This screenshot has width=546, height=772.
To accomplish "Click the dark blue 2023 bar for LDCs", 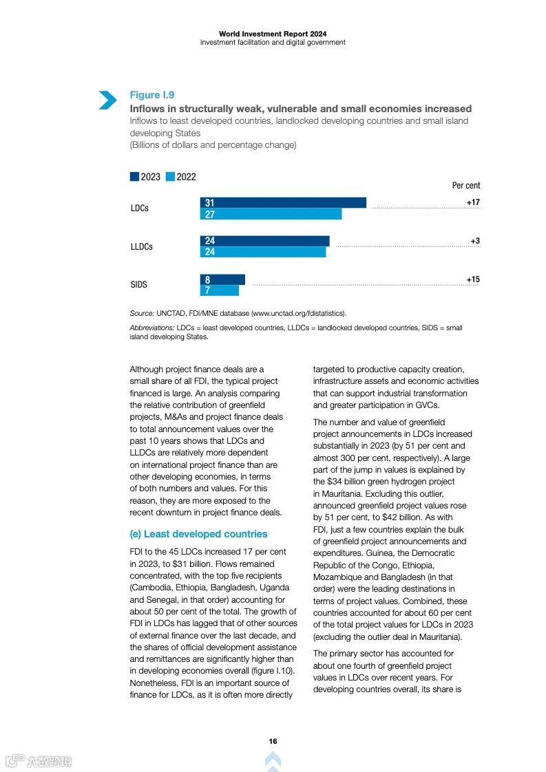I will pyautogui.click(x=283, y=203).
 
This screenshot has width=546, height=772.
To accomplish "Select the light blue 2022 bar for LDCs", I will pyautogui.click(x=271, y=214).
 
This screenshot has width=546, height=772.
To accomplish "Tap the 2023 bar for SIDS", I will pyautogui.click(x=222, y=280).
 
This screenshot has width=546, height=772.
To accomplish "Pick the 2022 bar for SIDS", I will pyautogui.click(x=220, y=290).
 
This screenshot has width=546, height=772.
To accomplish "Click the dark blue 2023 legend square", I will pyautogui.click(x=134, y=177).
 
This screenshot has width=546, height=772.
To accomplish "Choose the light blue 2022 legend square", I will pyautogui.click(x=170, y=177).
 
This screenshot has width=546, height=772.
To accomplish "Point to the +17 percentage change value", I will pyautogui.click(x=473, y=202).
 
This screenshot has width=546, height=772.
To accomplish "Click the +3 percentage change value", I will pyautogui.click(x=475, y=241).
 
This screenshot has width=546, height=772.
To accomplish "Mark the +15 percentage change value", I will pyautogui.click(x=473, y=279).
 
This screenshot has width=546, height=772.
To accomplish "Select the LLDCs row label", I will pyautogui.click(x=142, y=246).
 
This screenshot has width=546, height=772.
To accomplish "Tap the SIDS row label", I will pyautogui.click(x=139, y=285).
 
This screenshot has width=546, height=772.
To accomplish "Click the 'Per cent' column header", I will pyautogui.click(x=466, y=185).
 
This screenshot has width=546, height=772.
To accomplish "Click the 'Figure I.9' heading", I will pyautogui.click(x=152, y=95).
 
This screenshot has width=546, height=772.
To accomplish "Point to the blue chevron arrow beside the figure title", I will pyautogui.click(x=107, y=100).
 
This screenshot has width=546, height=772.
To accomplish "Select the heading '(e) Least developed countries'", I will pyautogui.click(x=198, y=534).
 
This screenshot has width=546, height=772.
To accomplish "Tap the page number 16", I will pyautogui.click(x=273, y=741).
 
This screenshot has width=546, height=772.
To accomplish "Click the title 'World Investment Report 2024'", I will pyautogui.click(x=273, y=34).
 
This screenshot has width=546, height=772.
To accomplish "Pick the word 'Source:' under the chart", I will pyautogui.click(x=142, y=313).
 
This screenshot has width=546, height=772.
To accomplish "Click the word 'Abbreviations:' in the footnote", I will pyautogui.click(x=152, y=328).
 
